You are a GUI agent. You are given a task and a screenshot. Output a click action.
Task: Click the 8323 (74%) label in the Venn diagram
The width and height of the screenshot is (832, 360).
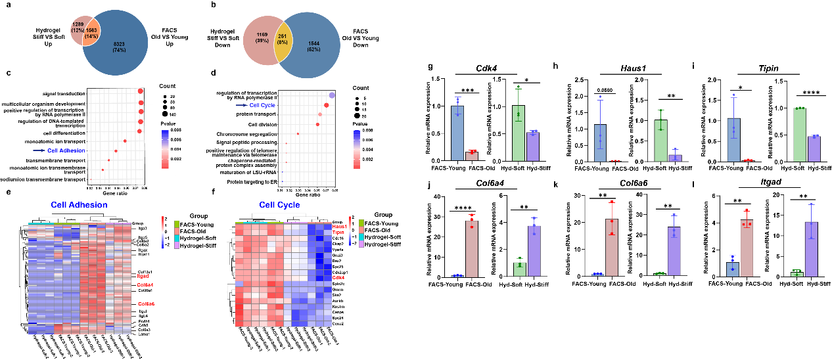tap(119, 47)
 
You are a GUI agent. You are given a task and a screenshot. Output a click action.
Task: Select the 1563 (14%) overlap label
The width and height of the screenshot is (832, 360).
tap(91, 33)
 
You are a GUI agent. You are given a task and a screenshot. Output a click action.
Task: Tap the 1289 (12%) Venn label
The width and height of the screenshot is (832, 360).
tap(77, 27)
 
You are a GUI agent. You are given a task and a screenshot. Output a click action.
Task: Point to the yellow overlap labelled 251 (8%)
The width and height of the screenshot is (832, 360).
tap(283, 39)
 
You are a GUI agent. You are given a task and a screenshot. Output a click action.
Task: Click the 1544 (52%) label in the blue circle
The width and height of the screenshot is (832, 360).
tap(314, 47)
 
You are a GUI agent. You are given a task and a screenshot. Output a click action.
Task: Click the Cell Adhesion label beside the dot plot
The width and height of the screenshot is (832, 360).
tap(66, 150)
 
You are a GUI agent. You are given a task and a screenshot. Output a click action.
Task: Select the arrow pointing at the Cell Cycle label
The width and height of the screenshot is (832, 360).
tap(241, 105)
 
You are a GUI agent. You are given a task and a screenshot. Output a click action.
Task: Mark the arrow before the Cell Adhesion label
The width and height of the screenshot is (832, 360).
tap(39, 150)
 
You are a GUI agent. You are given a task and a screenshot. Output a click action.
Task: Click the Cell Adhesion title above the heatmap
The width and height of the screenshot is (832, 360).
tap(79, 205)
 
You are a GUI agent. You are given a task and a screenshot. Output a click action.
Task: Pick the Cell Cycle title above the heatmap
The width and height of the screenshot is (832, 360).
tap(279, 205)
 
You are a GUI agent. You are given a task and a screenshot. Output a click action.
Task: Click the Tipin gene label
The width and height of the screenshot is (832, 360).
tap(338, 232)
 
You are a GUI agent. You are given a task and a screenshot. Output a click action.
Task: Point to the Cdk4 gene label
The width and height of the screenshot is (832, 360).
tap(338, 277)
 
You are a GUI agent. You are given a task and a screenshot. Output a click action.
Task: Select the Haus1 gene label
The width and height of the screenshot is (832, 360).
tap(340, 226)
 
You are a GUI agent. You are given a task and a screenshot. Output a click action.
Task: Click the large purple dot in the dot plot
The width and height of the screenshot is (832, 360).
tap(332, 95)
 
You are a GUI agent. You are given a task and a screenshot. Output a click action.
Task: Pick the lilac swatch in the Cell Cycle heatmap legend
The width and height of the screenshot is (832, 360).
tap(361, 244)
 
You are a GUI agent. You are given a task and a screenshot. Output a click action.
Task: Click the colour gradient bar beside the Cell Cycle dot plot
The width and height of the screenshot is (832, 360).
tap(356, 148)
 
